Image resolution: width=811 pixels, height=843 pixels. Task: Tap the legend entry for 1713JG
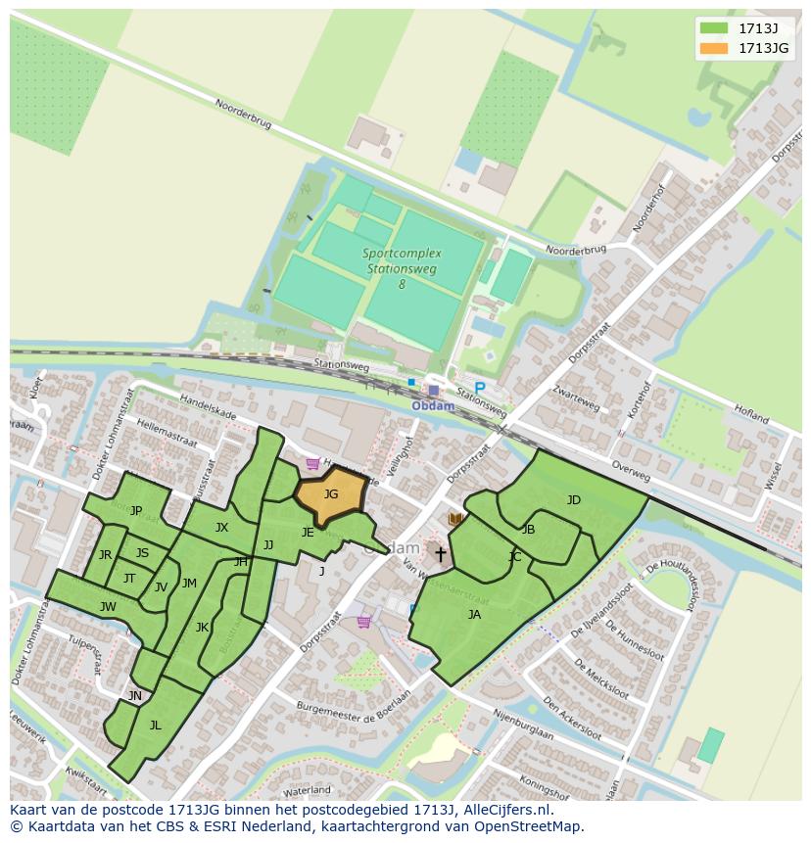763,48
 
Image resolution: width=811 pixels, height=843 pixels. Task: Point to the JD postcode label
574,500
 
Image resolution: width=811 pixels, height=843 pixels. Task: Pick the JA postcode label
474,615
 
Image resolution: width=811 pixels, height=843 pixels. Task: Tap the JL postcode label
155,726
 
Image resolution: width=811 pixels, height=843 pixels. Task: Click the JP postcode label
136,510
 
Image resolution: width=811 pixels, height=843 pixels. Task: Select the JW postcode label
108,607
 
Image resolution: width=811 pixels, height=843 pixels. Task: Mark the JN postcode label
135,696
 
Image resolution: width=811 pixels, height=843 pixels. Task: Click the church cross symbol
441,555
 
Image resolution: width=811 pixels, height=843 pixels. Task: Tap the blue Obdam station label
432,406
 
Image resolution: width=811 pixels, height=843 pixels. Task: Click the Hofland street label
751,414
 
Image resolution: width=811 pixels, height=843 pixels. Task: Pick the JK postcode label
202,628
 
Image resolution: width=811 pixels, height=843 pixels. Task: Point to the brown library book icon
454,519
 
